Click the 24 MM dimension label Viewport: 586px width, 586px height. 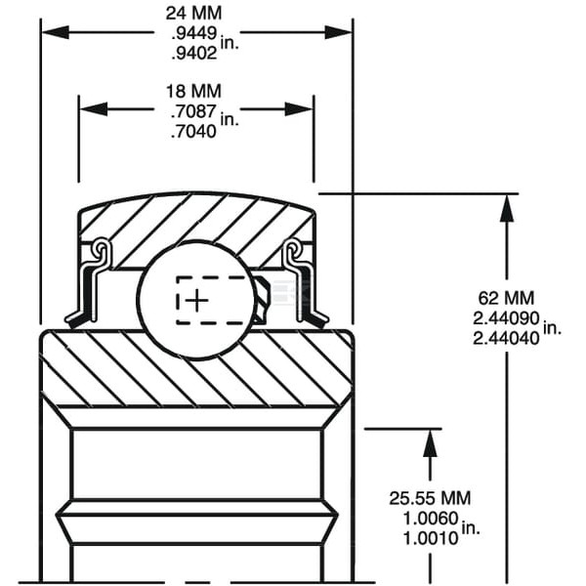click(x=193, y=14)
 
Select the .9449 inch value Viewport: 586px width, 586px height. click(x=194, y=33)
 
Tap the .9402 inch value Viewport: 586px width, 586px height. click(x=194, y=54)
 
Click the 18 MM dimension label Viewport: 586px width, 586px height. click(x=193, y=91)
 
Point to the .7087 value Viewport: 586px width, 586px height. click(x=193, y=111)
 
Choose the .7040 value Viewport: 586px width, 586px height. click(x=193, y=131)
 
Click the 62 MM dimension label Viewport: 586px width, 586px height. click(x=506, y=298)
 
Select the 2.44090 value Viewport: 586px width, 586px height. click(x=506, y=318)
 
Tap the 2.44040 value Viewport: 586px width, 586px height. click(x=506, y=339)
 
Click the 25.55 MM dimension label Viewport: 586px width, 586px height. click(x=430, y=498)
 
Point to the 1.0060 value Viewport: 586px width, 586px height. click(x=431, y=519)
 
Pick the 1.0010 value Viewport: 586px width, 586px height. click(x=431, y=538)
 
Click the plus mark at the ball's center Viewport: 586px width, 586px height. click(x=196, y=300)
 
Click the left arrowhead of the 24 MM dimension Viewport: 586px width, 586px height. click(x=56, y=32)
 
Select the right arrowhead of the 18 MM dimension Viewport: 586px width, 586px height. click(x=299, y=109)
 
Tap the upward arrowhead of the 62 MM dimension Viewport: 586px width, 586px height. click(x=506, y=208)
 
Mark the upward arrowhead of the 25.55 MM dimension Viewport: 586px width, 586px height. click(x=430, y=442)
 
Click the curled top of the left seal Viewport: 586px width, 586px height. click(x=102, y=247)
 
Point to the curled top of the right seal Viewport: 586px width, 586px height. click(x=292, y=247)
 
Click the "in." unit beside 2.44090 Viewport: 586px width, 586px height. click(x=553, y=327)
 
